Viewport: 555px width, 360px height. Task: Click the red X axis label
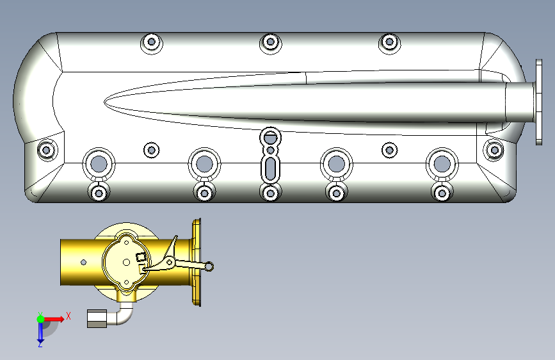tap(68, 316)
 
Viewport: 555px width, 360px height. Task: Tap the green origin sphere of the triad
tap(41, 319)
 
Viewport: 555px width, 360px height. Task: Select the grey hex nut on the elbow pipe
tap(97, 318)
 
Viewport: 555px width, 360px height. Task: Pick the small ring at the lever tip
tap(209, 266)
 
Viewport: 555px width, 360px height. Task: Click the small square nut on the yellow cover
tap(141, 257)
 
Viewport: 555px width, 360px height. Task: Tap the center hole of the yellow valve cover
tap(126, 263)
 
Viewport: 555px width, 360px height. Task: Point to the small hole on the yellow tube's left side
tap(83, 262)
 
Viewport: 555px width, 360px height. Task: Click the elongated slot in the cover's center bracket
tap(270, 169)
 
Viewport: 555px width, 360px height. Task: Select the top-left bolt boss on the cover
tap(152, 42)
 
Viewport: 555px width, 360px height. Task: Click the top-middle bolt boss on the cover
tap(270, 42)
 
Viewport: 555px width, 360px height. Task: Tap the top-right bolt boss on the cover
tap(389, 42)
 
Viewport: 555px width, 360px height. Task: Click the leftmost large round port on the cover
tap(99, 164)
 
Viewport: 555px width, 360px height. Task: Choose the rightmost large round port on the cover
tap(442, 164)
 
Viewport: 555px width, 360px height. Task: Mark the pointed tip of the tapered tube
tap(105, 102)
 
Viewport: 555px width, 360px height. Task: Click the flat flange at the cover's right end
tap(539, 102)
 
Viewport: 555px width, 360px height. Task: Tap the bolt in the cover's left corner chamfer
tap(46, 150)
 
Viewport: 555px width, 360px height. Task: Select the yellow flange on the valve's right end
tap(197, 262)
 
